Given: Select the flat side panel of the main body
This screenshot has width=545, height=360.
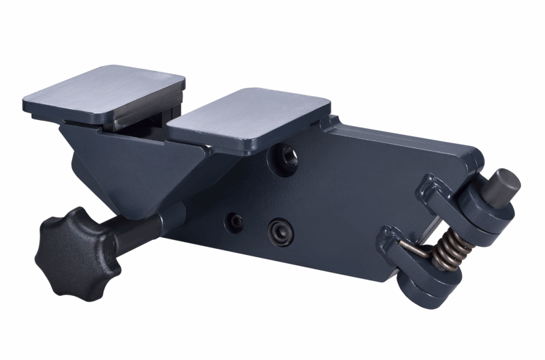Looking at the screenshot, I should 341,198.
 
